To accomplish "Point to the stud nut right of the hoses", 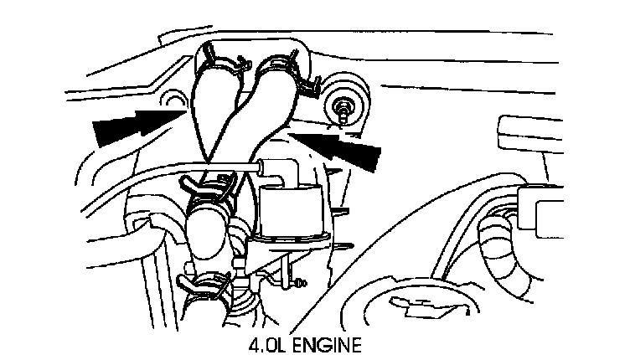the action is click(x=344, y=107).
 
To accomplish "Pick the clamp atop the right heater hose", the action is click(x=281, y=62).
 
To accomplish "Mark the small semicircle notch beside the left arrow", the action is click(x=176, y=101).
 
